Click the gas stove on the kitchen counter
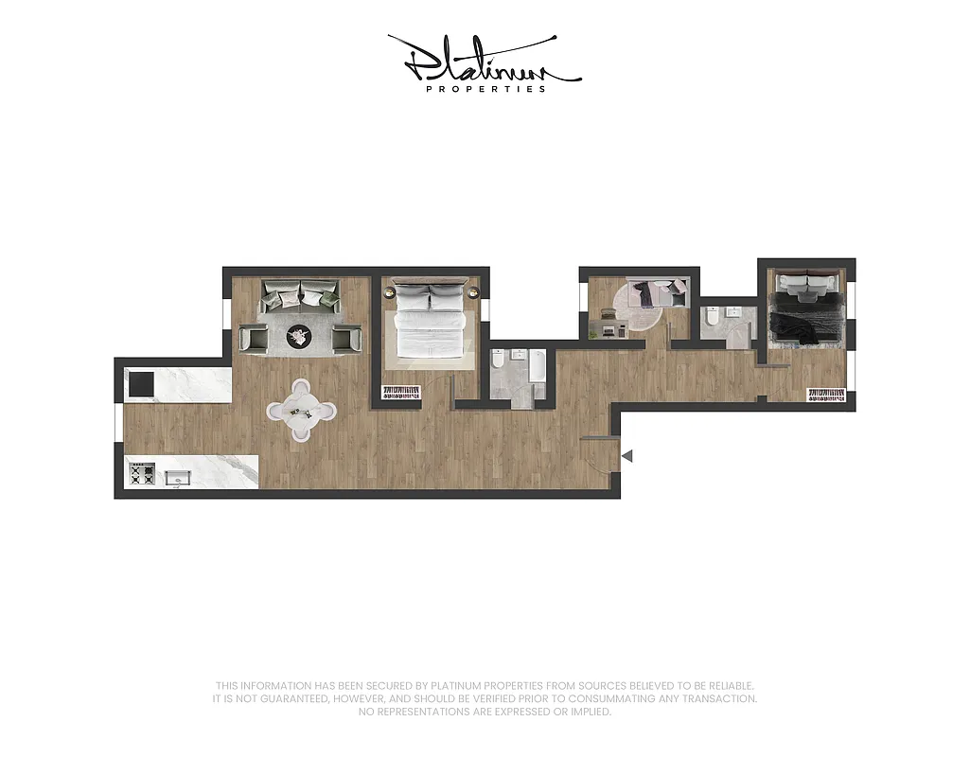coord(141,473)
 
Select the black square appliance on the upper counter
coord(140,383)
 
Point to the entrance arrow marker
coord(626,456)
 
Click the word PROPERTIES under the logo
coord(485,89)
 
